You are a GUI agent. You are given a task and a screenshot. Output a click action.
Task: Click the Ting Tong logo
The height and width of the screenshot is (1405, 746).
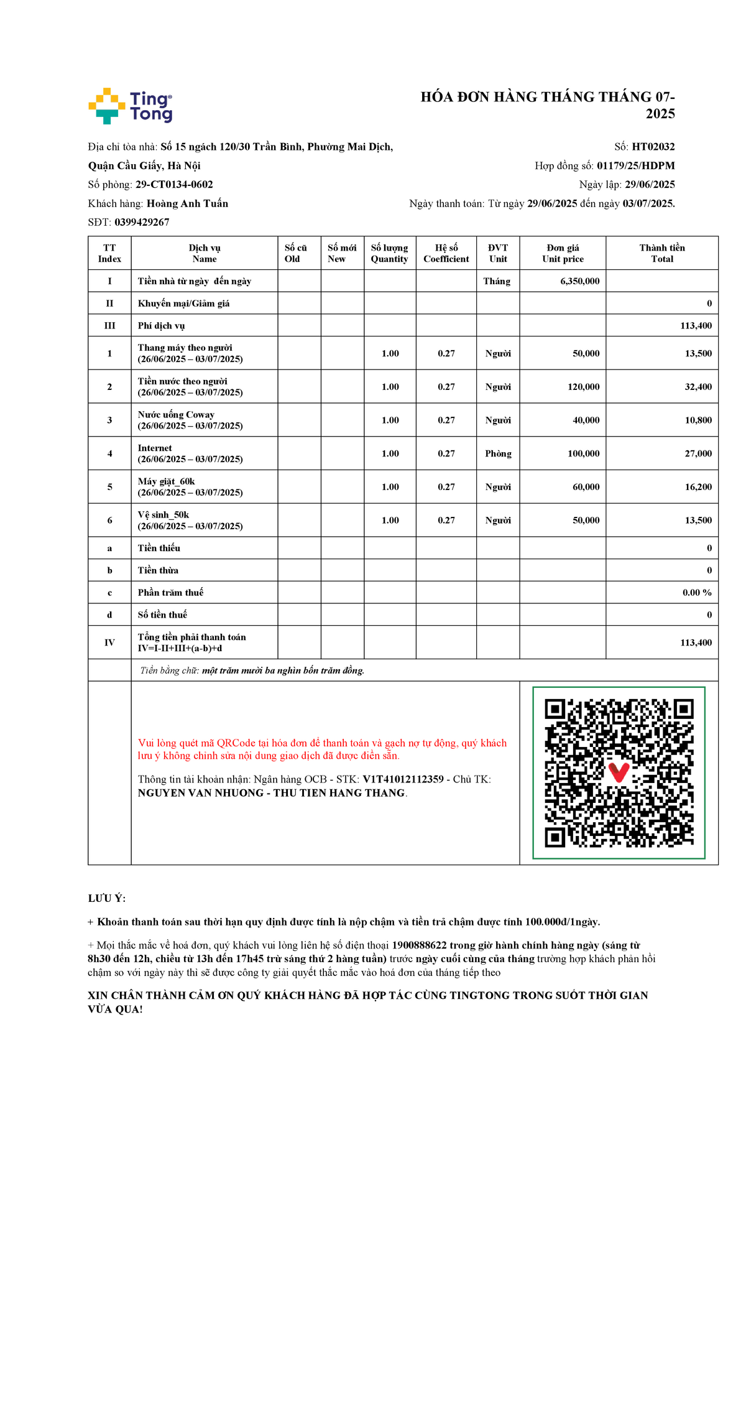point(131,106)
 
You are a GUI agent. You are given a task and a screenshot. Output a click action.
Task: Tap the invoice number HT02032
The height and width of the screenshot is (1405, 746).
point(653,147)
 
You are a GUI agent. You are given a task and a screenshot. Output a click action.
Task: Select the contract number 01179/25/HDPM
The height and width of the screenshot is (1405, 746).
point(635,165)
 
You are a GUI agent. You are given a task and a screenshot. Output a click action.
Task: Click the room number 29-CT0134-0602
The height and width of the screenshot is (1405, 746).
point(174,185)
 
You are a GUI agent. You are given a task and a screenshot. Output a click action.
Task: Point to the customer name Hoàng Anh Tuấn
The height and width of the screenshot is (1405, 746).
point(187,203)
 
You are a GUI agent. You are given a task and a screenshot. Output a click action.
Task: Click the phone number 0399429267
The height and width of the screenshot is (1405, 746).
point(142,222)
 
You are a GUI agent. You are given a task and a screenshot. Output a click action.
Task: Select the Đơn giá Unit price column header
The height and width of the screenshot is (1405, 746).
point(563,253)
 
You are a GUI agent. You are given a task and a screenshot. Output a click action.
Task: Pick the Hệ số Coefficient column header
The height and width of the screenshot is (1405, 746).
point(446,253)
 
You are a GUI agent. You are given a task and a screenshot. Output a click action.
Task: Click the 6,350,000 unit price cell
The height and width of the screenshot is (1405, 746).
point(579,281)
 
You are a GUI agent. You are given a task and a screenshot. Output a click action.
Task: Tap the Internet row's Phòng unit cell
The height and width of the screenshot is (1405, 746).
point(498,453)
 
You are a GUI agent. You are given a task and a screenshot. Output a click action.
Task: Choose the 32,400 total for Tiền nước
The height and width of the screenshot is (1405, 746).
point(698,387)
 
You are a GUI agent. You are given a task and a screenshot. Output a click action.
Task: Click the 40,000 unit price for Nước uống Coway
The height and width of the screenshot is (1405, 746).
point(586,420)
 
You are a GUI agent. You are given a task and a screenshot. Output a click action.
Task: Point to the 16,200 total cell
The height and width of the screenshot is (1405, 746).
point(698,487)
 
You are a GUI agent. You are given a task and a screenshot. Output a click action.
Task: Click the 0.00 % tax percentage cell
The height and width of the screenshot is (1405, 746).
point(696,593)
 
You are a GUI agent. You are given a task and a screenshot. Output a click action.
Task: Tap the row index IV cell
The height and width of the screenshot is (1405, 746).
point(109,642)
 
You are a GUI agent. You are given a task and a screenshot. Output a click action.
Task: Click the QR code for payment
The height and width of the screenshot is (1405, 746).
point(619,772)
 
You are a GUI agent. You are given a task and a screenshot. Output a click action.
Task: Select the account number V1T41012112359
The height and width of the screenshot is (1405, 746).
point(403,779)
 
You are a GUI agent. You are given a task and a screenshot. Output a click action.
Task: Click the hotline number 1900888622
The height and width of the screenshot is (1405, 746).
point(419,945)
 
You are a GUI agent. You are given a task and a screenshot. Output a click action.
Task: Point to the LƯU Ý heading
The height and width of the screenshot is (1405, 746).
point(107,899)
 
